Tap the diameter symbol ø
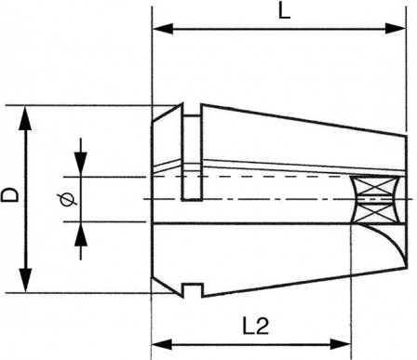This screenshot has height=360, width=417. [63, 198]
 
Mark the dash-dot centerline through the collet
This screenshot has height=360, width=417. [279, 198]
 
